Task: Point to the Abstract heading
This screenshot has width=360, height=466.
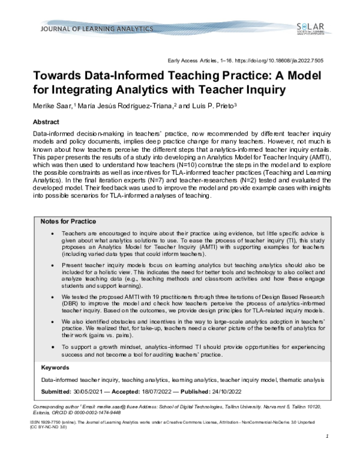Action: [48, 121]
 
